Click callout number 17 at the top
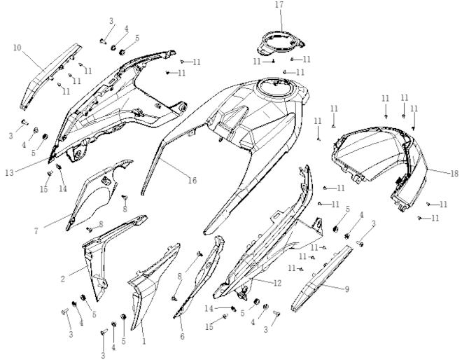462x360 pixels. [x=279, y=5]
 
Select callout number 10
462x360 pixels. [x=17, y=48]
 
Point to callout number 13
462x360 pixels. [x=9, y=172]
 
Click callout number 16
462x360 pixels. [x=192, y=180]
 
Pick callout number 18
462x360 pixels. [x=454, y=174]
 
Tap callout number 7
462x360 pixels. [x=36, y=231]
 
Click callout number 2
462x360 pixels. [x=62, y=279]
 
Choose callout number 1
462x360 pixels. [x=144, y=341]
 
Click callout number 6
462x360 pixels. [x=182, y=336]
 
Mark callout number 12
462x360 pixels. [x=277, y=283]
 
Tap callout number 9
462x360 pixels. [x=346, y=289]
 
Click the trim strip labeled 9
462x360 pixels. [x=321, y=279]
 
